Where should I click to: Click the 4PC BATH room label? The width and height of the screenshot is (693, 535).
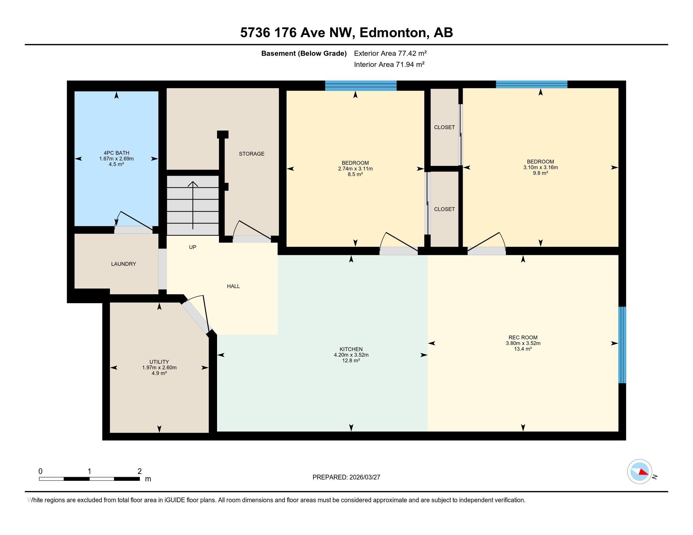tap(116, 153)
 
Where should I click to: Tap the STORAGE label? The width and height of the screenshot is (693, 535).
tap(252, 154)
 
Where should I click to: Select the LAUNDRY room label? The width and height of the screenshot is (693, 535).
tap(123, 264)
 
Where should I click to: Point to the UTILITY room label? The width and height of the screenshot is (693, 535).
tap(159, 362)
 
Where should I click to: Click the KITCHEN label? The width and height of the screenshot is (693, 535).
tap(351, 349)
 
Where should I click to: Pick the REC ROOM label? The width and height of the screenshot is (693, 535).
tap(523, 337)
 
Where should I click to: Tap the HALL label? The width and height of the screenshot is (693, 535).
tap(233, 286)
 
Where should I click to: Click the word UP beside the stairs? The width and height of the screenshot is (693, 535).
tap(192, 247)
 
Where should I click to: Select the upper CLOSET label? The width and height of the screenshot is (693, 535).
tap(444, 127)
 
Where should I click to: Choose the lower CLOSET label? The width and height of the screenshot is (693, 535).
tap(444, 209)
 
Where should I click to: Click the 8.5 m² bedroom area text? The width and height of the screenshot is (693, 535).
tap(355, 174)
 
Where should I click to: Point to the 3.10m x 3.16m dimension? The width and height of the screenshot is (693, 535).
tap(540, 167)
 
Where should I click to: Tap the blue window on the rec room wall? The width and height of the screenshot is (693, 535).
tap(622, 345)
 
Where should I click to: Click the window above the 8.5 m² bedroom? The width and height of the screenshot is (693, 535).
tap(361, 86)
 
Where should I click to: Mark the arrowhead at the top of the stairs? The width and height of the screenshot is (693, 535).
tap(192, 183)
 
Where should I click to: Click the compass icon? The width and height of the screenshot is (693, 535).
tap(639, 471)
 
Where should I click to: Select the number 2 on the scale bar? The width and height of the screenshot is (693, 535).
tap(139, 471)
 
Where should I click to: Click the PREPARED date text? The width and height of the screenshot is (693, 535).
tap(346, 477)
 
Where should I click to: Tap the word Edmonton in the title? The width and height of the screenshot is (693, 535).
tap(392, 33)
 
